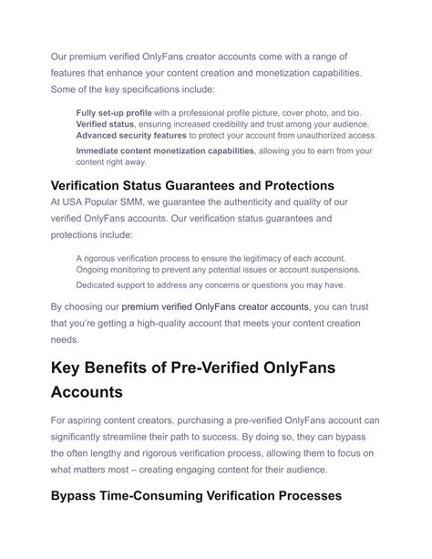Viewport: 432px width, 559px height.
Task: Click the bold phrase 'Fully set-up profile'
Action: coord(115,112)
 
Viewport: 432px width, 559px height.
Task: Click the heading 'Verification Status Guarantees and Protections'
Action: coord(192,186)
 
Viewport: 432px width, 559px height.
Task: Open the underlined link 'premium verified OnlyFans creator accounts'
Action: coord(215,306)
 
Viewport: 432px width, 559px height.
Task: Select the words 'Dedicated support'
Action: coord(111,285)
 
